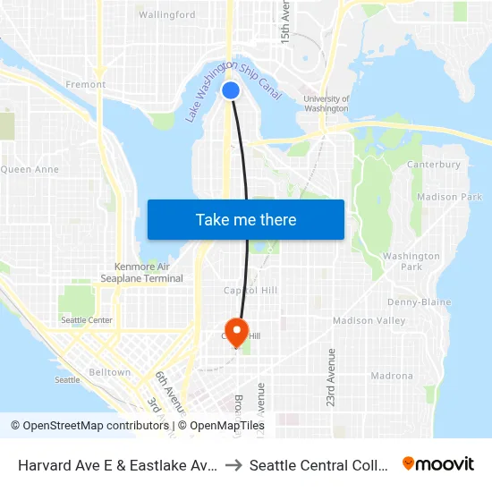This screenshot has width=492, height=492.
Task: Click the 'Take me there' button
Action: click(x=245, y=219)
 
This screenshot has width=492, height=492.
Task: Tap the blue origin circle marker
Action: click(x=231, y=89)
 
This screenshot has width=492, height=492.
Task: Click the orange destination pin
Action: click(x=237, y=332)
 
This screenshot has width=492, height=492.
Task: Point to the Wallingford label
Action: click(x=167, y=15)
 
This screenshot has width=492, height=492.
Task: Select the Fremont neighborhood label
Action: click(x=86, y=85)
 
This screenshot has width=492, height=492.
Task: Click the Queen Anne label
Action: click(x=30, y=169)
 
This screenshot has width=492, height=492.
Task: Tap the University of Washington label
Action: click(x=326, y=104)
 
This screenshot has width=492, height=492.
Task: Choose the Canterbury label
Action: click(x=434, y=165)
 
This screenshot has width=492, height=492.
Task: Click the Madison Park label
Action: click(x=449, y=197)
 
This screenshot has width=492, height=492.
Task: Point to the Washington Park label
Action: click(x=411, y=261)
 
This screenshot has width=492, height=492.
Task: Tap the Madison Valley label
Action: click(x=369, y=320)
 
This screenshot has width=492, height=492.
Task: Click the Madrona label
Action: click(x=392, y=376)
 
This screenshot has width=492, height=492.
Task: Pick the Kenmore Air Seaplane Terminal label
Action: click(x=149, y=272)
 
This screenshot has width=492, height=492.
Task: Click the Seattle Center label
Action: click(x=87, y=320)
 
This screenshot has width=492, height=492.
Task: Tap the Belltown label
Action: click(x=110, y=372)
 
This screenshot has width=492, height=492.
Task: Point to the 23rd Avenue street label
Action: click(x=331, y=377)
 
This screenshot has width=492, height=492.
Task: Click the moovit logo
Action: click(x=437, y=463)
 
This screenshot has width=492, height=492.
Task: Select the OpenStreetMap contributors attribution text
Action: click(x=90, y=426)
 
